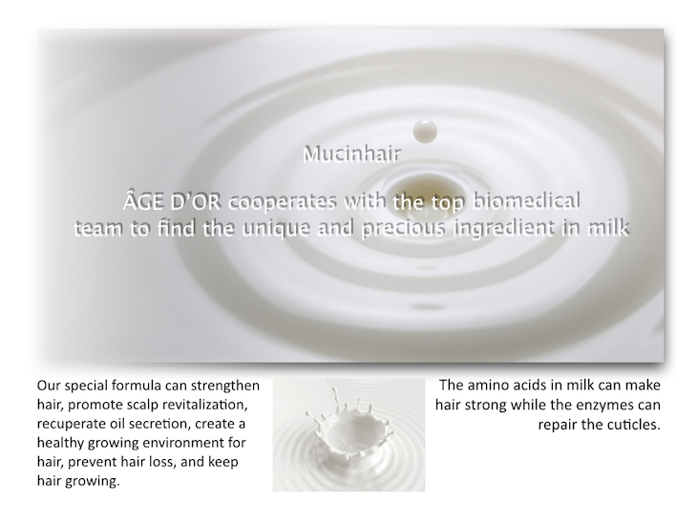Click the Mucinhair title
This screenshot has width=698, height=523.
(351, 154)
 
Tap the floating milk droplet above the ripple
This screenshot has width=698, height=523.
(425, 132)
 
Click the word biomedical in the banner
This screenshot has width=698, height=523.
(526, 201)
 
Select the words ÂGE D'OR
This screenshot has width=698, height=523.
(172, 201)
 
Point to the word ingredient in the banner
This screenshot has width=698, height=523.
(512, 229)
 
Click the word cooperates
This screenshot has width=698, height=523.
(283, 202)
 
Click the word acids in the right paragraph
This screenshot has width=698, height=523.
(530, 385)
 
